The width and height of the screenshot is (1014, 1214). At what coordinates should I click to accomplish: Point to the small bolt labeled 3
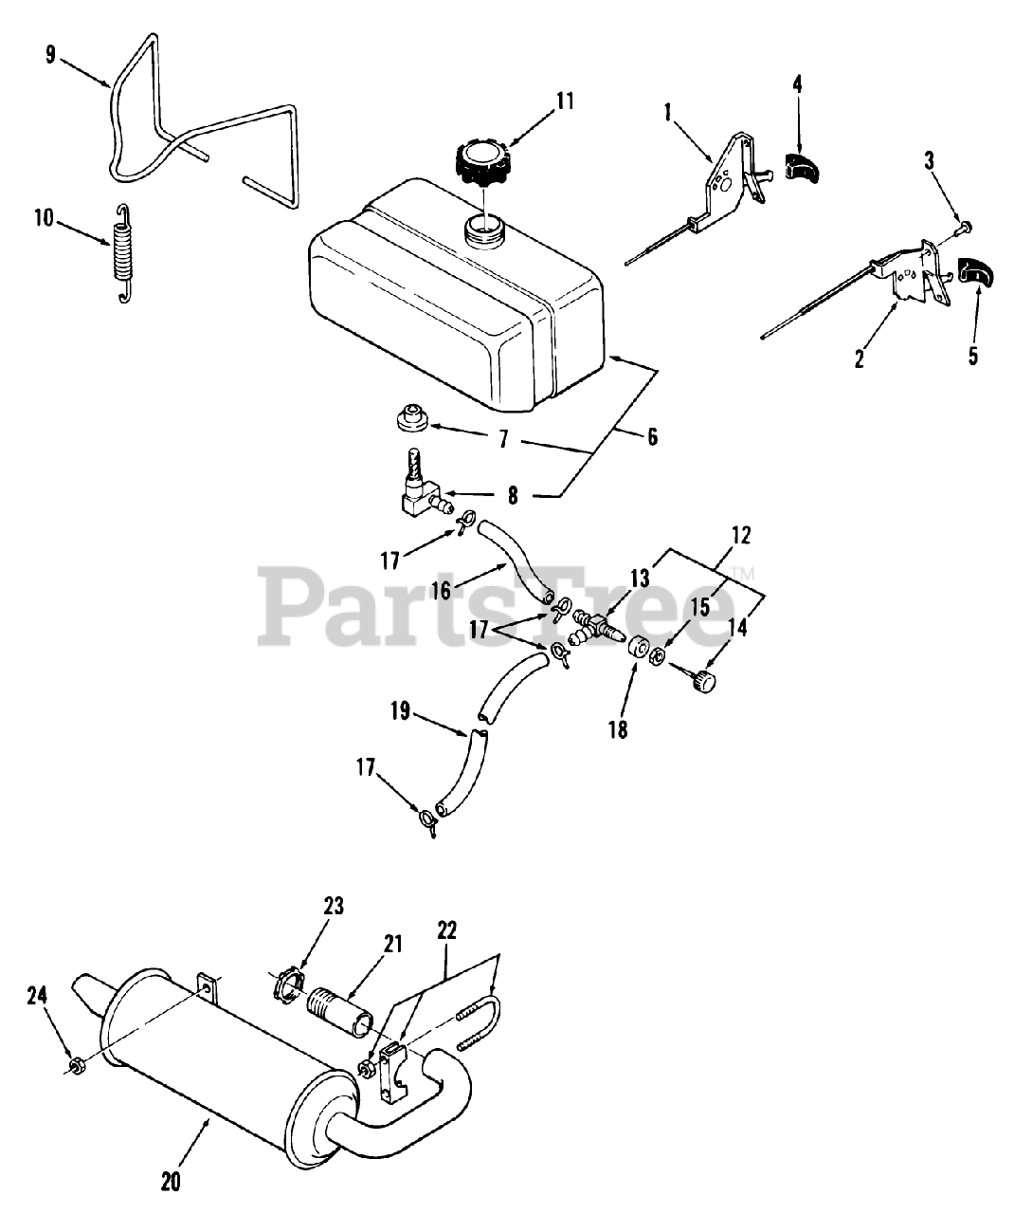[x=964, y=228]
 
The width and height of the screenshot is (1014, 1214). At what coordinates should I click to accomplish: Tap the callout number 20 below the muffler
[x=171, y=1182]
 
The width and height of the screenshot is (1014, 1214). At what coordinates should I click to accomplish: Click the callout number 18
[x=618, y=729]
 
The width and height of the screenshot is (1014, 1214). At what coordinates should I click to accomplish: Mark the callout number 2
[x=859, y=359]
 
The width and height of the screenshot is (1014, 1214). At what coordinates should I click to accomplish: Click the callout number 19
[x=401, y=710]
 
